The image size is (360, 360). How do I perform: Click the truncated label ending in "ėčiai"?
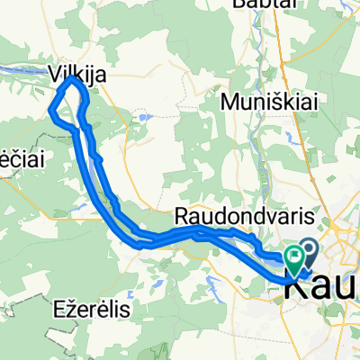[17, 156]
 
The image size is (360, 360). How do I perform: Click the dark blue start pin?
[311, 251]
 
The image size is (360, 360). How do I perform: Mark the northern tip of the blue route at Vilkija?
[73, 80]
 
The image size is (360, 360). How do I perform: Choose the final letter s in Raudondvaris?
[287, 217]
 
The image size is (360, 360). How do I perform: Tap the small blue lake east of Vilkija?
[144, 117]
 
